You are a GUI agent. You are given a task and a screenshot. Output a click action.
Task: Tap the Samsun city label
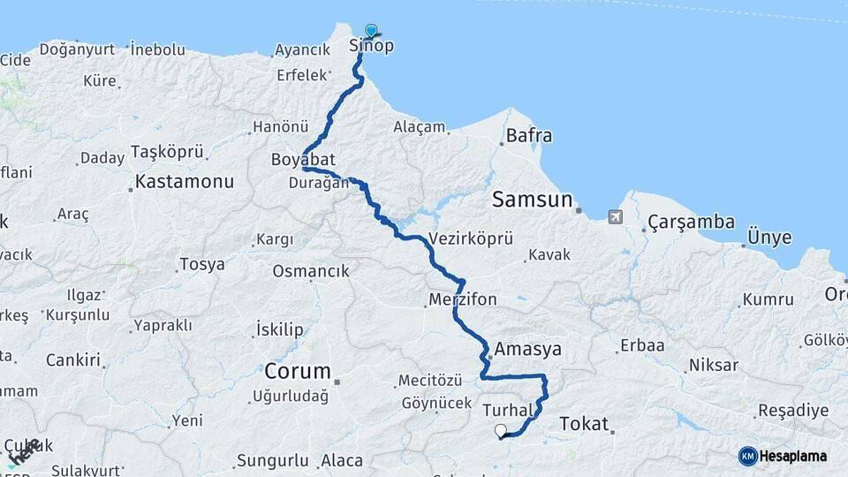pos(533,199)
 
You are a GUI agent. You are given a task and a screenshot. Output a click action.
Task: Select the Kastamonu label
pos(184,183)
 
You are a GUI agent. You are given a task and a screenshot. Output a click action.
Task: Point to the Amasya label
pos(528,350)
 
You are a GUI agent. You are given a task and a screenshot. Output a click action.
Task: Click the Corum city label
pos(298,371)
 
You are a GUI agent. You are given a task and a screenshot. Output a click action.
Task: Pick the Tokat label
pos(584,425)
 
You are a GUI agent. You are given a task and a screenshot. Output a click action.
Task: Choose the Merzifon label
pos(463,299)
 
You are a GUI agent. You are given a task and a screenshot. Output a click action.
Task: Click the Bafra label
pos(529,136)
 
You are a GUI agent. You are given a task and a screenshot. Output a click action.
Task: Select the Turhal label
pos(510,411)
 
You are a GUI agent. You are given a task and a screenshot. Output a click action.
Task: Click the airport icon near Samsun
pos(615,216)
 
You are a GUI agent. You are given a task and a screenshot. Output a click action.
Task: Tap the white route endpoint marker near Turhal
pos(501,431)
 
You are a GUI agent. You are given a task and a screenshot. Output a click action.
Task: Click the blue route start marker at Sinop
pos(370,31)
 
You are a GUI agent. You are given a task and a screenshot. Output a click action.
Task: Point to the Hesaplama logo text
pos(794,456)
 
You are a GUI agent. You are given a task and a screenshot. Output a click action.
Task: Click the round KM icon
pos(748,456)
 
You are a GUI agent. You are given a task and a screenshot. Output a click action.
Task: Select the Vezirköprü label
pos(471,239)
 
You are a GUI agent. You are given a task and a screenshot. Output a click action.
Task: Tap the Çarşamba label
pos(691,222)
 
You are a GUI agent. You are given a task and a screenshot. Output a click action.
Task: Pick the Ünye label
pos(769,238)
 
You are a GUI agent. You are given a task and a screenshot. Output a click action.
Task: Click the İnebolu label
pos(158,50)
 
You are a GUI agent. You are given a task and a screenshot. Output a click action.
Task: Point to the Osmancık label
pos(311,271)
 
